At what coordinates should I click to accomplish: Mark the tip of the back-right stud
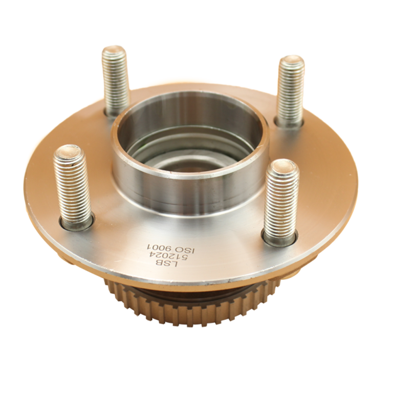click(292, 61)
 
